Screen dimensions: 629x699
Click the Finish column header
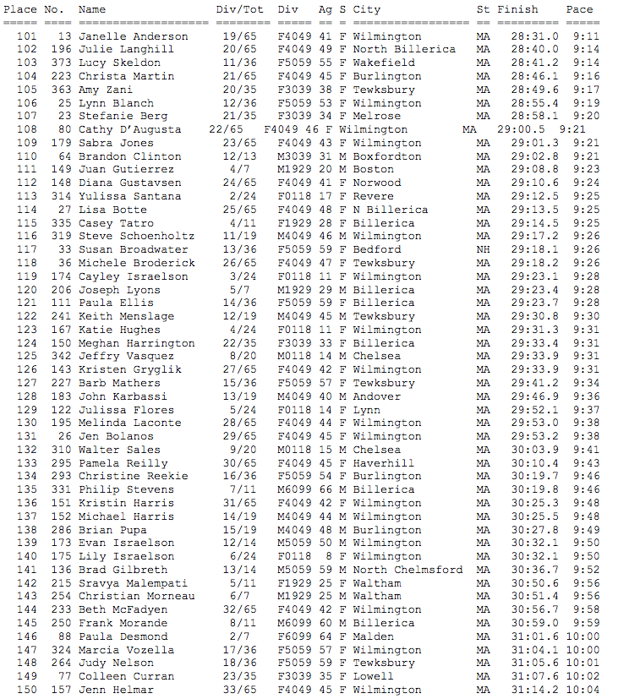tap(517, 9)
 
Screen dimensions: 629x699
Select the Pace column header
tap(579, 9)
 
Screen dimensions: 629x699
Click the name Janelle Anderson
tap(134, 36)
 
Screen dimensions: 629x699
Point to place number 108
tap(27, 130)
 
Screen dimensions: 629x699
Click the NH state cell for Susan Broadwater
tap(484, 250)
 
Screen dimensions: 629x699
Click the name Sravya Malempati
tap(134, 583)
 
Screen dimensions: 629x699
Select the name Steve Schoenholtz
tap(137, 237)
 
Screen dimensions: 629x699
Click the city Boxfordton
tap(387, 156)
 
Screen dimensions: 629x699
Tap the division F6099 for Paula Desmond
tap(294, 636)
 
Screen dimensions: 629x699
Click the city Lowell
tap(374, 676)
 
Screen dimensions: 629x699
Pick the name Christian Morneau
tap(137, 597)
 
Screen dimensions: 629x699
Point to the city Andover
tap(377, 396)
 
